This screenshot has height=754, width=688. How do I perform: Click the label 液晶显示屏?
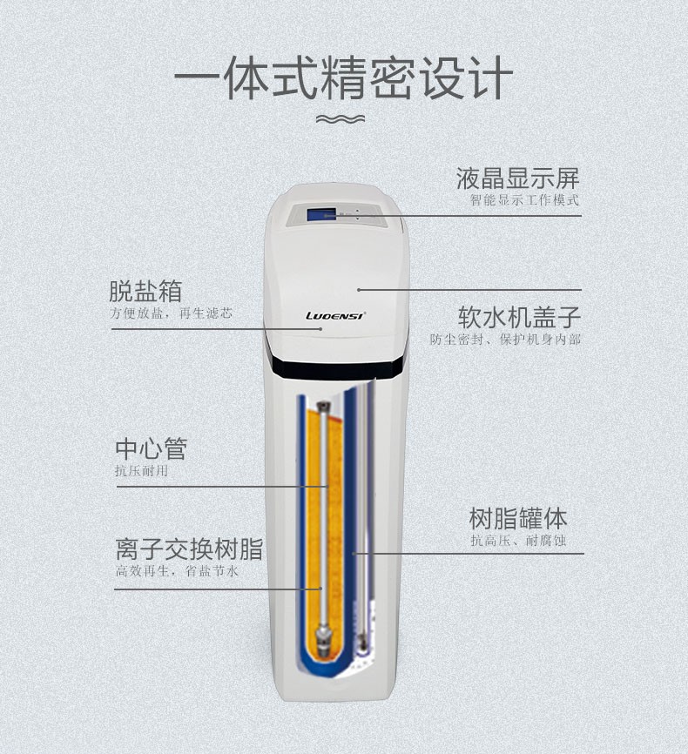click(517, 179)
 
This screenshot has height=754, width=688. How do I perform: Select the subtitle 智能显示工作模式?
click(524, 200)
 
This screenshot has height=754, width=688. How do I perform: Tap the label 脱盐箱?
click(145, 291)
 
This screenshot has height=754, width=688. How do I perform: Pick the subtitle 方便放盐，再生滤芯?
click(171, 313)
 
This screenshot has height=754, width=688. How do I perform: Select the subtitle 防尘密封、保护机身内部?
click(505, 339)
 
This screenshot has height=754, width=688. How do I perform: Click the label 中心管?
click(151, 449)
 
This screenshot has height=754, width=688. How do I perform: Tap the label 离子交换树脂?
click(189, 549)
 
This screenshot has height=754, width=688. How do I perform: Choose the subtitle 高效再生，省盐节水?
click(177, 571)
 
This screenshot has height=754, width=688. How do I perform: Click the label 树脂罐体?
click(518, 519)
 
